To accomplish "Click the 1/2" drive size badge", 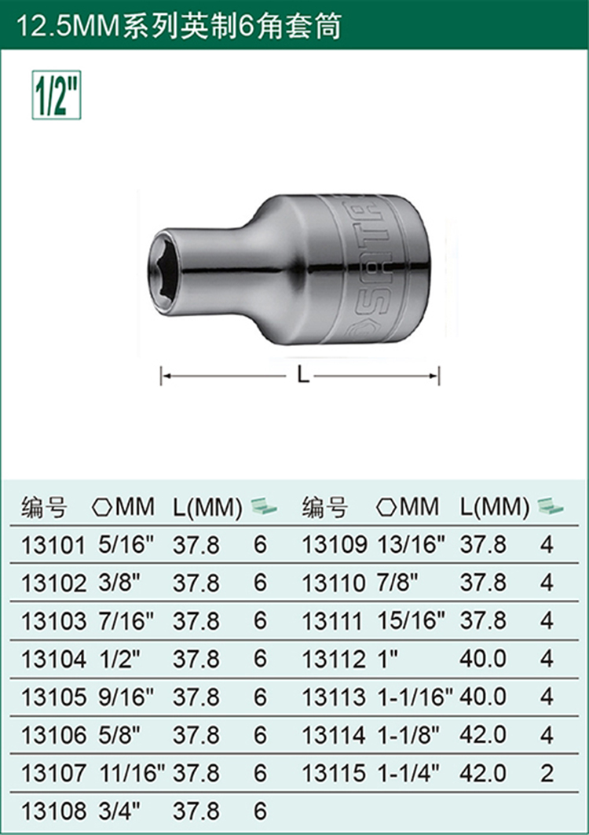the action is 57,95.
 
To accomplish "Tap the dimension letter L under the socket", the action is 303,375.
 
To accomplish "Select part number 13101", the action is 53,546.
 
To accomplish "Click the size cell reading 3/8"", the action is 119,583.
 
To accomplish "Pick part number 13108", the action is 53,811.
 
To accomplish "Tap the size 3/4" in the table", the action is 119,811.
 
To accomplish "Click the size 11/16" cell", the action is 133,773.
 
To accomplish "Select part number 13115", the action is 334,773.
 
